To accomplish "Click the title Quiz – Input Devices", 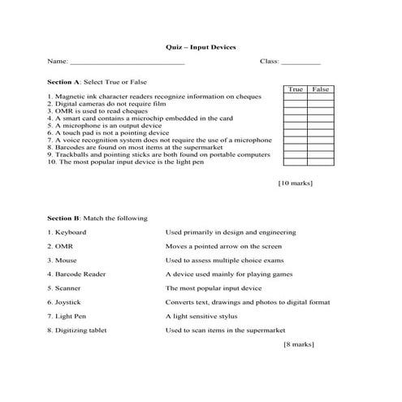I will pyautogui.click(x=201, y=47).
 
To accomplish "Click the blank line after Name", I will pyautogui.click(x=128, y=63).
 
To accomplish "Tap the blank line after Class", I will pyautogui.click(x=301, y=63).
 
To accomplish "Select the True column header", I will pyautogui.click(x=296, y=89).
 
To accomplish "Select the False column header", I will pyautogui.click(x=321, y=89).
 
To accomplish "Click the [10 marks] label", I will pyautogui.click(x=296, y=184).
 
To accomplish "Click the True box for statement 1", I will pyautogui.click(x=295, y=97).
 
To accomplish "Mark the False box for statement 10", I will pyautogui.click(x=321, y=161).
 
